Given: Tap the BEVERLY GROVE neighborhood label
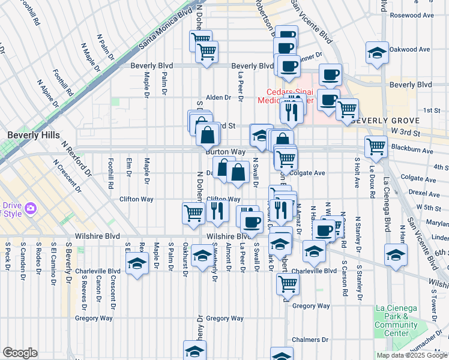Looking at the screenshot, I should click(x=379, y=120).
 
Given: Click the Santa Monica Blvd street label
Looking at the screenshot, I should click(x=164, y=27).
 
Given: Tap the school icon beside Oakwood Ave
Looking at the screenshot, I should click(x=376, y=53).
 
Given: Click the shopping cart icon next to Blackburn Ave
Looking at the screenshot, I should click(x=376, y=145).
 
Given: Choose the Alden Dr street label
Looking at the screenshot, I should click(x=218, y=97).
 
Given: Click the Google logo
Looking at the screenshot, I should click(x=20, y=353).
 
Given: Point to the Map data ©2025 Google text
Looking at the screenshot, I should click(x=412, y=355).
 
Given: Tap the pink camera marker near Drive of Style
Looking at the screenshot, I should click(x=31, y=208).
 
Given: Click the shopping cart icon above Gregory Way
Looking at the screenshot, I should click(x=287, y=283).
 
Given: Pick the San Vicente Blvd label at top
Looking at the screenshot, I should click(x=312, y=21).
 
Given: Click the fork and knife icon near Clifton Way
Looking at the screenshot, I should click(x=217, y=209).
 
